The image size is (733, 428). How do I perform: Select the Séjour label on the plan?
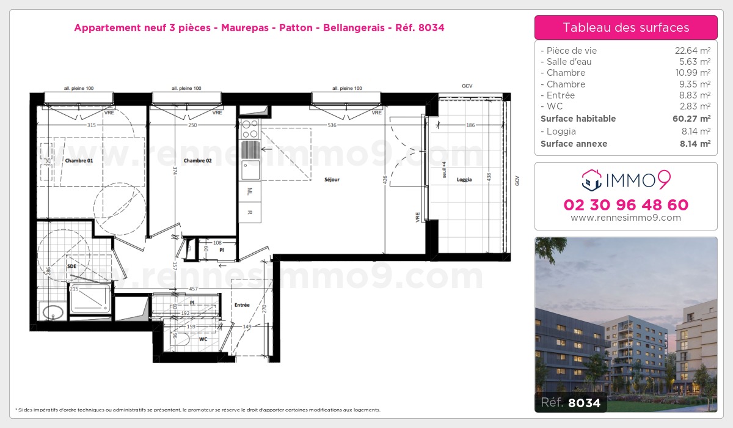tap(332, 180)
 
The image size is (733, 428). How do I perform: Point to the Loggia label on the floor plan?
tap(464, 180)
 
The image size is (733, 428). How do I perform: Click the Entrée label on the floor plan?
tap(242, 304)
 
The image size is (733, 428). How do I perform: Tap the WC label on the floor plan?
tap(203, 339)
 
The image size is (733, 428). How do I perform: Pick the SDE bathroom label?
tap(71, 267)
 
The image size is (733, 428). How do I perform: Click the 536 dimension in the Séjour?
tap(332, 125)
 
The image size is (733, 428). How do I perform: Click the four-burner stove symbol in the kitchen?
tap(250, 129)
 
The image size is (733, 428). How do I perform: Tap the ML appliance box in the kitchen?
tap(250, 191)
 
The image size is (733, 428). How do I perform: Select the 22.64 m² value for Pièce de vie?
tap(692, 51)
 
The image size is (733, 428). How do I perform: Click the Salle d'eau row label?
tap(566, 62)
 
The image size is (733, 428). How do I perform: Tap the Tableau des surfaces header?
tap(625, 28)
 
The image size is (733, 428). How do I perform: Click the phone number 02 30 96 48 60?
tap(625, 205)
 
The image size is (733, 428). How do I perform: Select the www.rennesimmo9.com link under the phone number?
tap(625, 218)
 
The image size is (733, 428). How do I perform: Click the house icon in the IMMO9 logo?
tap(591, 180)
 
